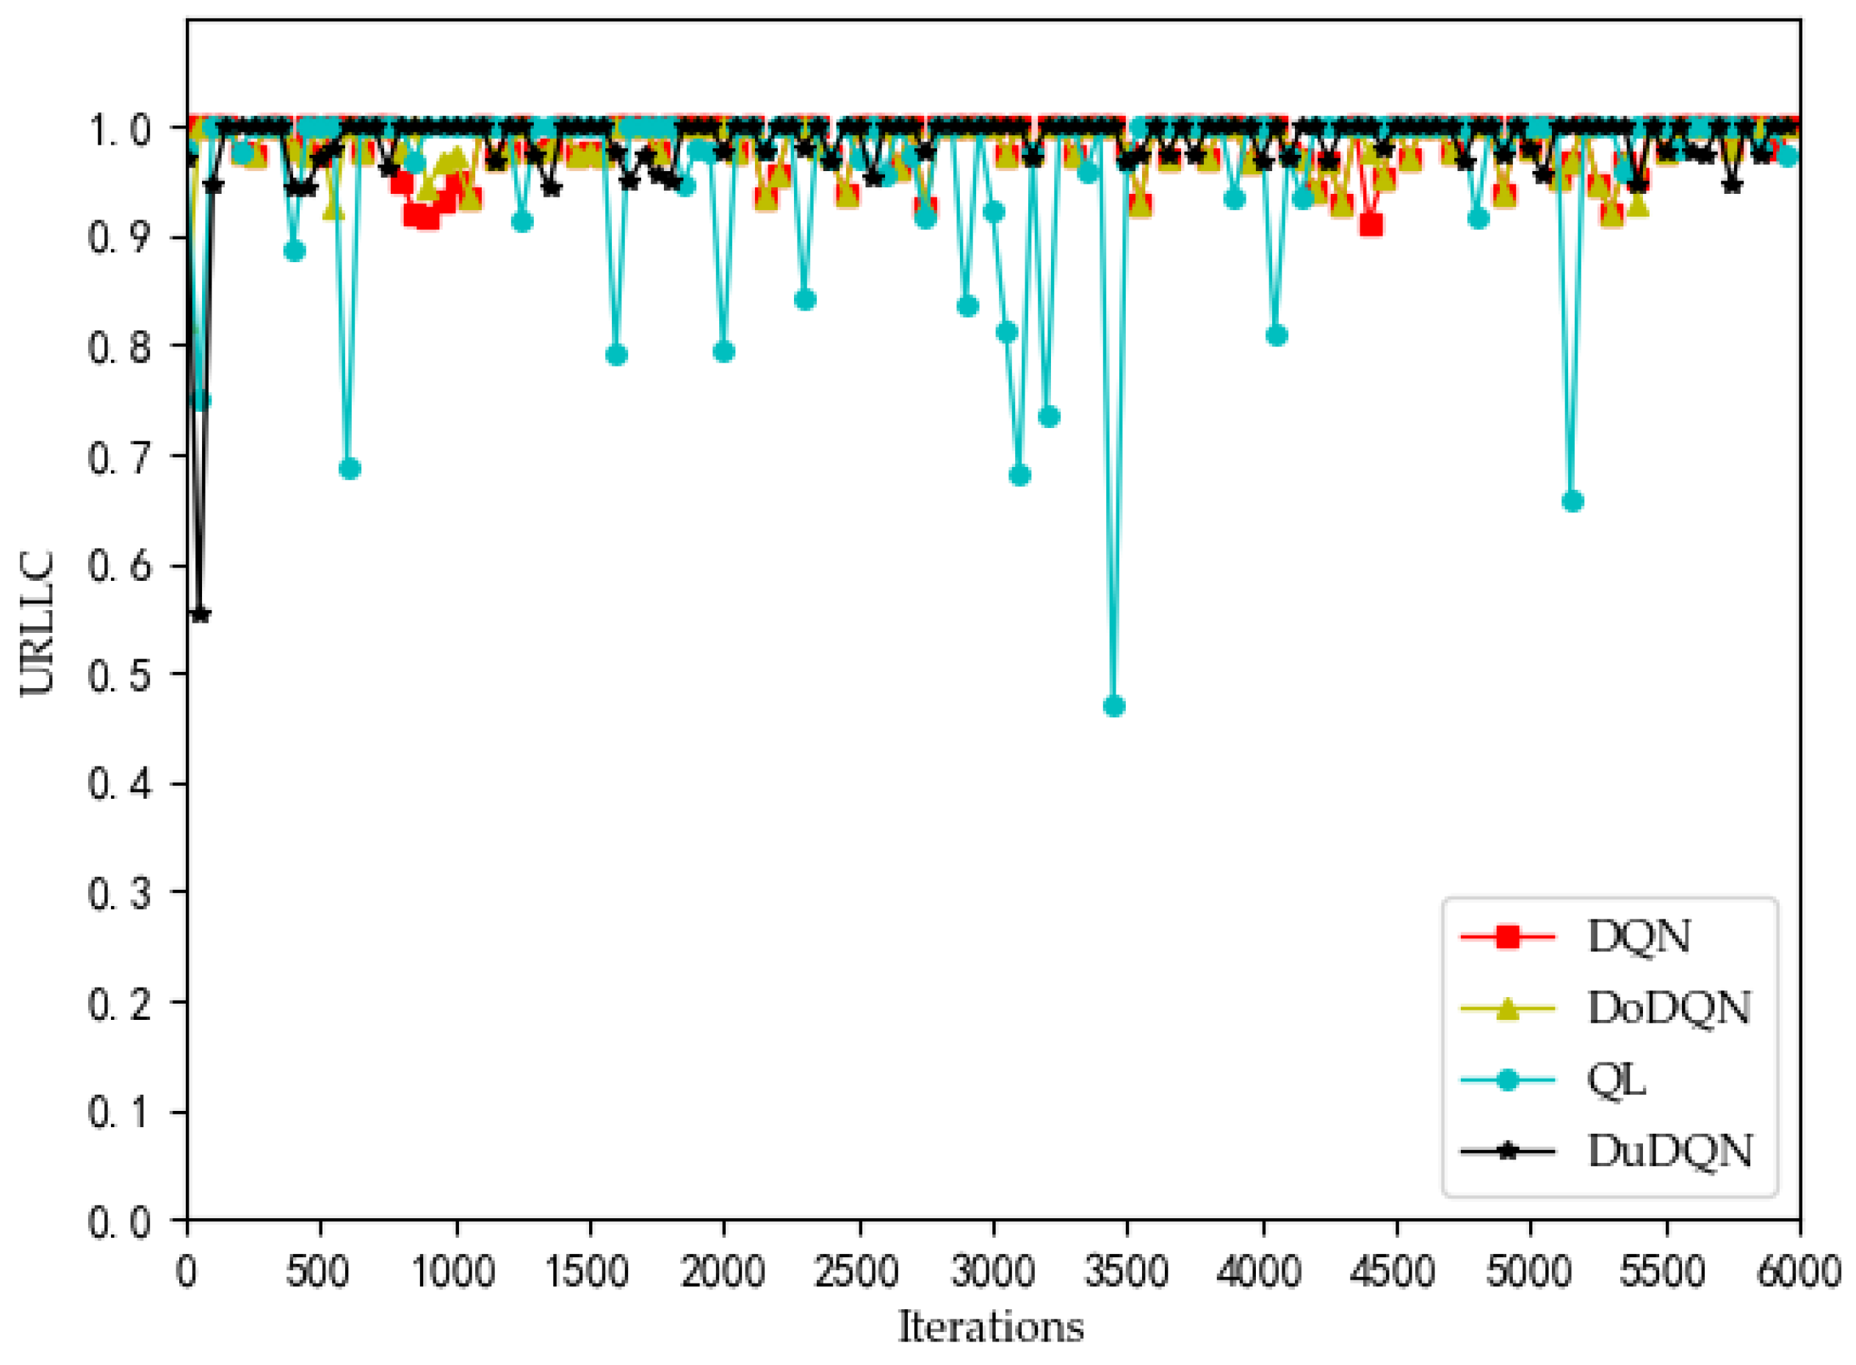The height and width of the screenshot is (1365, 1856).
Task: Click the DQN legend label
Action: tap(1638, 936)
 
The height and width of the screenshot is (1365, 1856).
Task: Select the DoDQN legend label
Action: tap(1669, 1008)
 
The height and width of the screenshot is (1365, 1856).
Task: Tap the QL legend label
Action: tap(1617, 1079)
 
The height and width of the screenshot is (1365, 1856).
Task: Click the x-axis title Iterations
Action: tap(991, 1328)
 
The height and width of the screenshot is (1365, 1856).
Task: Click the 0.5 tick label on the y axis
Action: tap(119, 674)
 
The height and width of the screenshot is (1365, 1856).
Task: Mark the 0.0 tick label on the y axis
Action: tap(119, 1221)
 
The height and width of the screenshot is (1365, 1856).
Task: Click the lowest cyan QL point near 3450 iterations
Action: tap(1114, 706)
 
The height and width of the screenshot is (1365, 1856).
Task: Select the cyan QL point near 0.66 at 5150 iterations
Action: tap(1572, 502)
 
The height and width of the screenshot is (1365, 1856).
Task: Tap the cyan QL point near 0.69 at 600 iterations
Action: tap(350, 469)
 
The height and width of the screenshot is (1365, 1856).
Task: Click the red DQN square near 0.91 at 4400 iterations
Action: tap(1371, 225)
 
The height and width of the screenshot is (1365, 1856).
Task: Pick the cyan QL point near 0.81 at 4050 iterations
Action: tap(1276, 336)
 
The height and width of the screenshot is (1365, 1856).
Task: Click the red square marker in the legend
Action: tap(1508, 937)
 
